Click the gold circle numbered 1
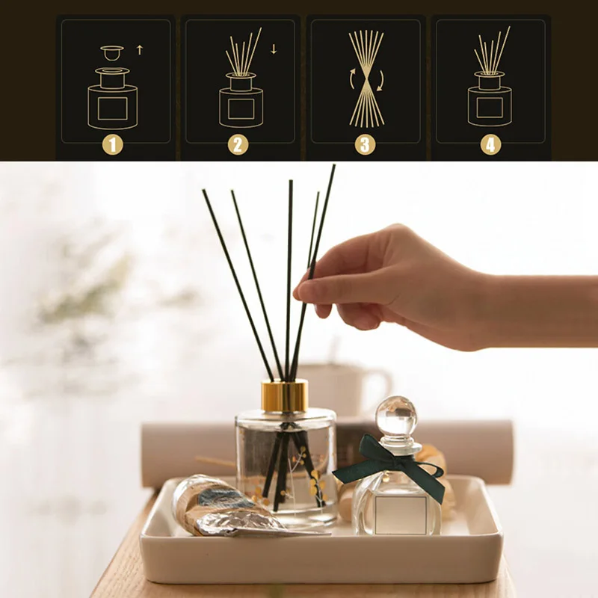click(x=112, y=144)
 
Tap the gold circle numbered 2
click(x=238, y=144)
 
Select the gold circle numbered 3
click(x=365, y=144)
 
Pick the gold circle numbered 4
click(x=490, y=144)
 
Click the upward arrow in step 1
click(x=139, y=51)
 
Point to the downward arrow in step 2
click(x=274, y=50)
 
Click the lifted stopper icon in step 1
click(x=112, y=54)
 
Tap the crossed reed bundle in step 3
click(x=366, y=78)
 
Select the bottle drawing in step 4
click(x=490, y=101)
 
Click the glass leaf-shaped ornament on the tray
click(x=217, y=508)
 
